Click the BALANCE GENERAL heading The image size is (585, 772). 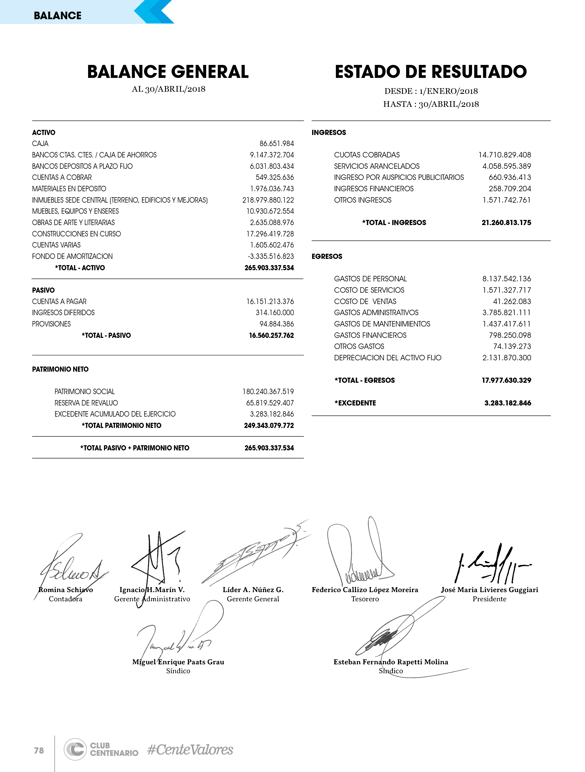click(168, 72)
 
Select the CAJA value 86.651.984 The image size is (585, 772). click(276, 143)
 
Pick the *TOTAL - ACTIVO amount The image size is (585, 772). click(269, 268)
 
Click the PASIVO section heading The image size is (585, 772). click(43, 290)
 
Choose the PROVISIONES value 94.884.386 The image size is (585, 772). click(276, 324)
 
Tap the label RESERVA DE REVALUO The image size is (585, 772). click(86, 403)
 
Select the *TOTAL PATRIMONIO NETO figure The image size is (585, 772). click(269, 425)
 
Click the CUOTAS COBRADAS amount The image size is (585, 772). click(504, 155)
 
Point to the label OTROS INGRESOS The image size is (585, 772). click(363, 200)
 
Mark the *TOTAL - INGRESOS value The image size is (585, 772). click(506, 223)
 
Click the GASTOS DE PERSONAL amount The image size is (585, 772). click(507, 279)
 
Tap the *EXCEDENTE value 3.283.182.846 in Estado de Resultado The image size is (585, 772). click(508, 403)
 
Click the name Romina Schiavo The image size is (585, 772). click(66, 589)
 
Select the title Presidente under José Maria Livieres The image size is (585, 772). click(489, 599)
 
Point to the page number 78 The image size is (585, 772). click(39, 750)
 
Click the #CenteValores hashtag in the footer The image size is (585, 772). click(190, 750)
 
